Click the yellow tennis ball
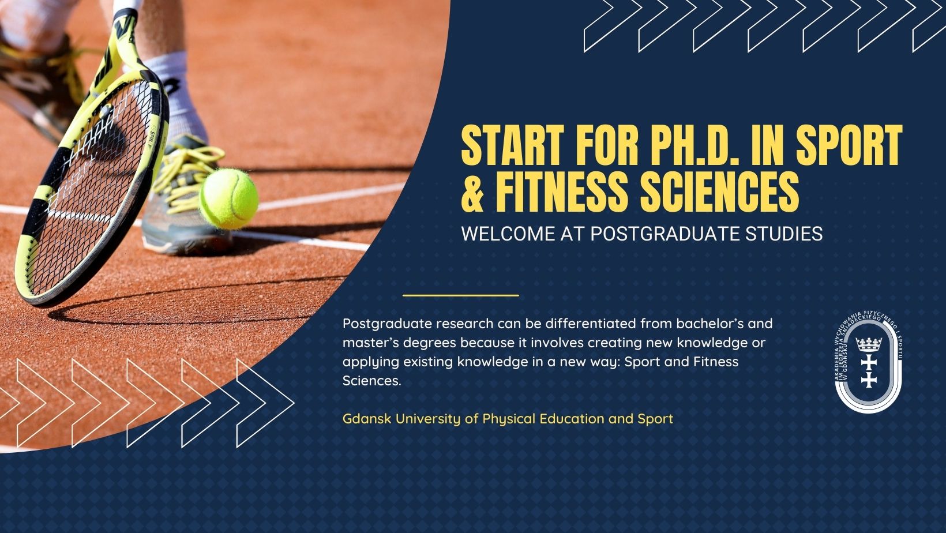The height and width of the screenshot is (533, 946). click(229, 198)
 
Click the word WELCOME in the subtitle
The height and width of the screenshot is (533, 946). click(508, 234)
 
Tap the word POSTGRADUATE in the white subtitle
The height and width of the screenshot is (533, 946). click(665, 234)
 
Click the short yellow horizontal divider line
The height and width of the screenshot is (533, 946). click(461, 295)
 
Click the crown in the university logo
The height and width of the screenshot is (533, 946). click(868, 344)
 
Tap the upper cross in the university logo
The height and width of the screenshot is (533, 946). click(869, 362)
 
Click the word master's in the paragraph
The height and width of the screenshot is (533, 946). click(370, 343)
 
